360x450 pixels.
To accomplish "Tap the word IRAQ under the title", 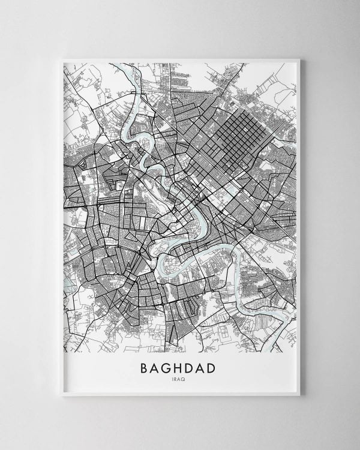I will pos(180,379).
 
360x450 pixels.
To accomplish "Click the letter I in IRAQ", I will pos(173,379).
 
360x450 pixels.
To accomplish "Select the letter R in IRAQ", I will pos(177,379).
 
